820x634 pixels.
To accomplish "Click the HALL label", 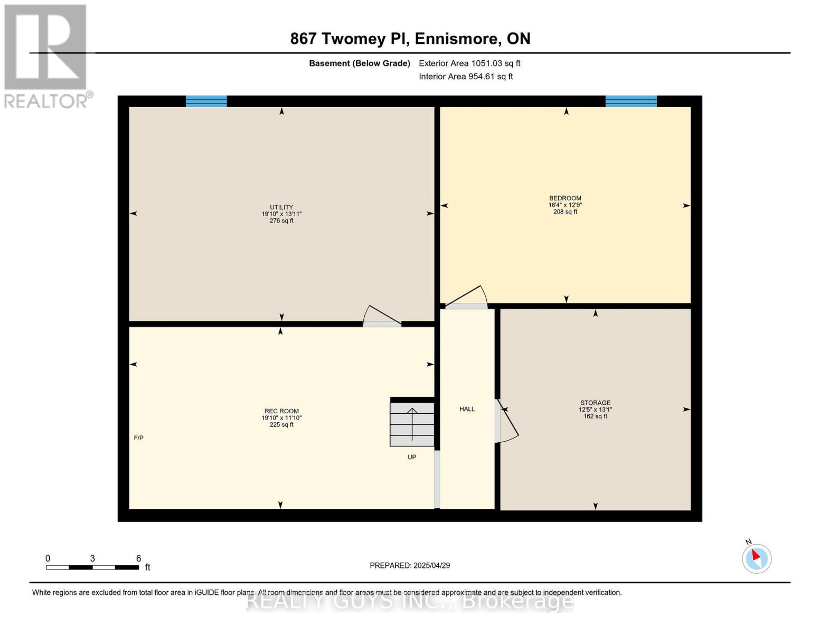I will tap(467, 409).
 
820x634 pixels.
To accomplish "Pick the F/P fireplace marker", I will tap(138, 438).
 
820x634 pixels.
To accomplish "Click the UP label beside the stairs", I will tap(412, 457).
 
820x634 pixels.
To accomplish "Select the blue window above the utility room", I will tap(206, 101).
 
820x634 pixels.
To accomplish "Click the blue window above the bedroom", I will tap(631, 101).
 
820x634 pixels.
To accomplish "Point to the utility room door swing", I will tap(382, 316).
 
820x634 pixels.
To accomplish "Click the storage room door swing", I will tap(507, 421).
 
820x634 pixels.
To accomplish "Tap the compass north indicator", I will tap(756, 558).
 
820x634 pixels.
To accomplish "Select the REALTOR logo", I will tap(46, 56).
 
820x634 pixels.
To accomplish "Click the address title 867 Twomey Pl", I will tap(410, 39).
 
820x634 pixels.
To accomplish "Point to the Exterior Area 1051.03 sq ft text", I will tap(469, 63).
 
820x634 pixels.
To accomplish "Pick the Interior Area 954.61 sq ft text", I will tap(466, 77).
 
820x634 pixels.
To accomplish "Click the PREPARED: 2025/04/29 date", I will tap(410, 565).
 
